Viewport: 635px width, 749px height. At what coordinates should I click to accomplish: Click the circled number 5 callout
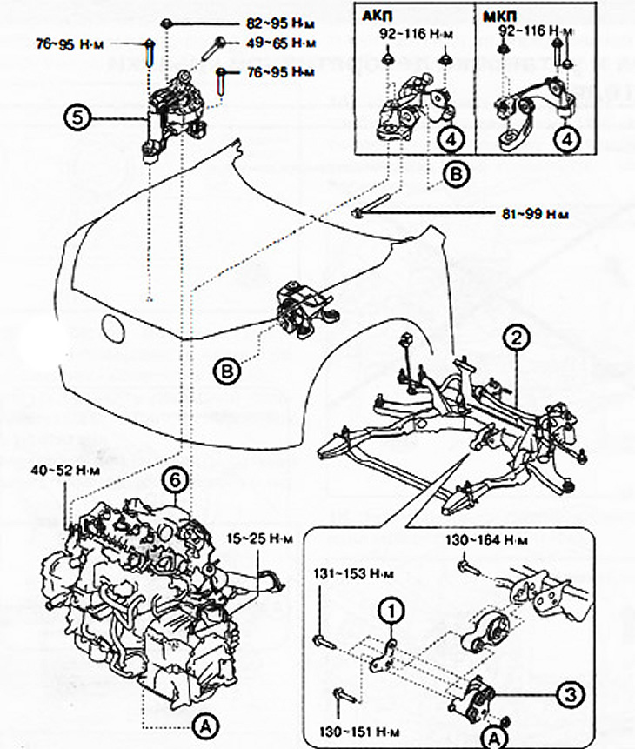pyautogui.click(x=77, y=117)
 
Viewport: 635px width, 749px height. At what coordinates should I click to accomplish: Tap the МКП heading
pyautogui.click(x=495, y=15)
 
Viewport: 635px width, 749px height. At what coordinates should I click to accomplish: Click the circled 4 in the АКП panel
pyautogui.click(x=449, y=138)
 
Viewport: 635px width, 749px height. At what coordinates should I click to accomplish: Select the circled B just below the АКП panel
pyautogui.click(x=456, y=173)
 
